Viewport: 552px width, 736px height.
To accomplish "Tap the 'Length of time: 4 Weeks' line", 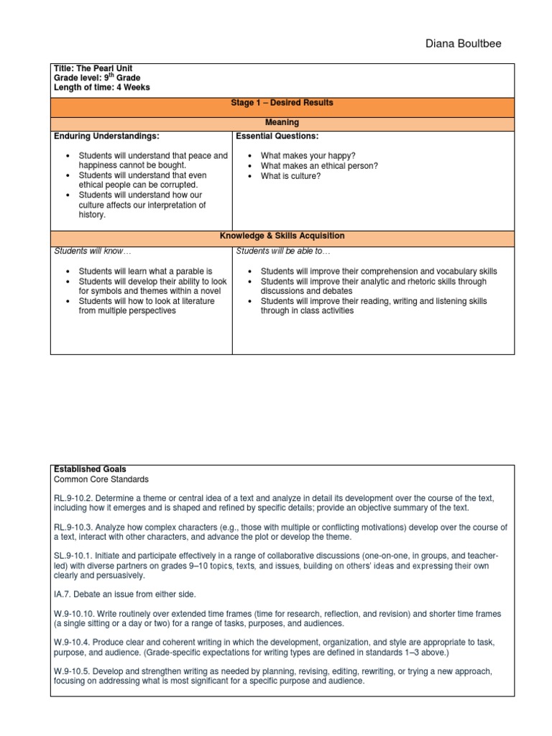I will click(101, 87).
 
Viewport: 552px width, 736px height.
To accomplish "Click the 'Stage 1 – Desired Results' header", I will click(282, 103).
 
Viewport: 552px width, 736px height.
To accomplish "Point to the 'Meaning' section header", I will click(282, 123).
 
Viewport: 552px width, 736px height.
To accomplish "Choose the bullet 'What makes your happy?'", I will click(298, 155).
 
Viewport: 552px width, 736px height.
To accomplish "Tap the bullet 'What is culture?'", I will click(290, 175).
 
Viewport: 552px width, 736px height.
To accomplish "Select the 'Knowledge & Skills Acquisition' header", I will click(282, 236).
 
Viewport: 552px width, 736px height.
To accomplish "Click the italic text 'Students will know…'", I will click(93, 251).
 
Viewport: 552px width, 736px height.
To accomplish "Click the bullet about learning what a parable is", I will click(145, 271).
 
